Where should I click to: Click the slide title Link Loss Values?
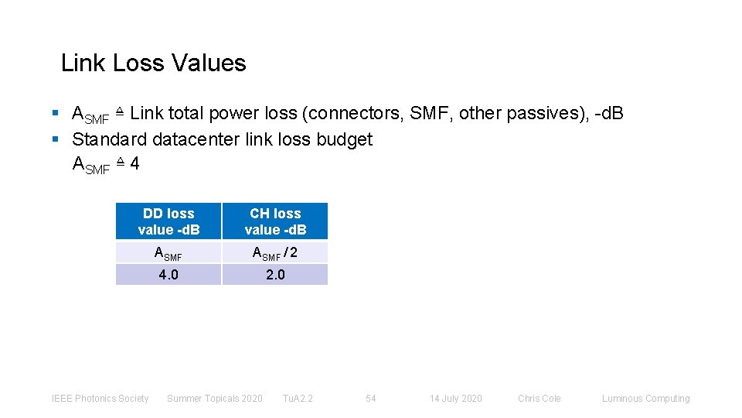coord(153,63)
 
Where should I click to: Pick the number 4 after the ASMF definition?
coord(134,164)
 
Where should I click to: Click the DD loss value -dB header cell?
coord(168,221)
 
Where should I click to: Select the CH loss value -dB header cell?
coord(275,221)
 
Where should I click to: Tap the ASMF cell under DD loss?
coord(168,252)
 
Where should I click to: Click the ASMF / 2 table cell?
coord(275,252)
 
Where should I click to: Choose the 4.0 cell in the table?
coord(168,275)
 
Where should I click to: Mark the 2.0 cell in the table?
coord(275,275)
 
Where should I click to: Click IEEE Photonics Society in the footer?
coord(100,399)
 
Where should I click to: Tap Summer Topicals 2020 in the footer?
coord(215,399)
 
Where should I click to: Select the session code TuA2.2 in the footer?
coord(298,399)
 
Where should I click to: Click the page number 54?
coord(371,399)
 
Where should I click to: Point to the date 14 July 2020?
coord(455,399)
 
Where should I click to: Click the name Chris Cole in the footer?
coord(539,399)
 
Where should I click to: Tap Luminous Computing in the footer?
coord(645,399)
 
